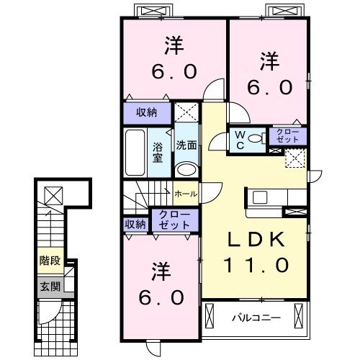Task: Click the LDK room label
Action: tap(256, 240)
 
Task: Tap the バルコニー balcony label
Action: tap(256, 318)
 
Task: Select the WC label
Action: tap(240, 140)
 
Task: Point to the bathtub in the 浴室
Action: tap(135, 153)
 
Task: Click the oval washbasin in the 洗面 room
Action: tap(186, 169)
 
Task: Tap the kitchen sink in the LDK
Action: tap(260, 197)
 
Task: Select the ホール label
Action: tap(186, 194)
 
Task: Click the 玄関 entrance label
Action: tap(50, 287)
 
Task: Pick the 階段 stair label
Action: tap(50, 261)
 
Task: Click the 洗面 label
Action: tap(186, 145)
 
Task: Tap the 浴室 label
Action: tap(158, 153)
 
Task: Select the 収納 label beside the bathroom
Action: tap(147, 112)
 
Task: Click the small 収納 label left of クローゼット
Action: tap(135, 225)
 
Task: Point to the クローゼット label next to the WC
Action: tap(288, 136)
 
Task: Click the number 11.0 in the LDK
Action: tap(256, 265)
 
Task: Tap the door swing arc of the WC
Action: tap(215, 142)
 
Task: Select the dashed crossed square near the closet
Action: tap(295, 158)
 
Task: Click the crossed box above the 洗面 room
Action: tap(186, 112)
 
